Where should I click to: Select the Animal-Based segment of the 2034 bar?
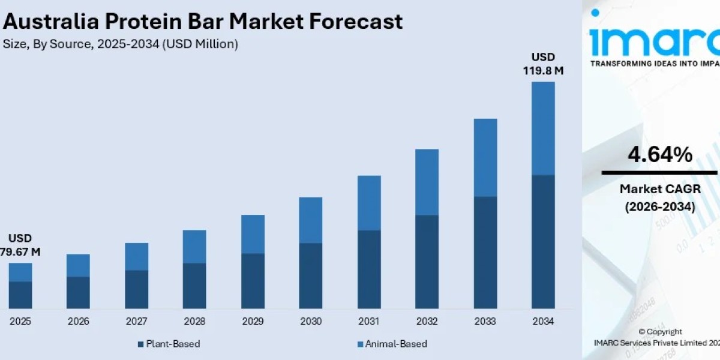click(x=543, y=128)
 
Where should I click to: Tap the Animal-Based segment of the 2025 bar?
click(x=20, y=272)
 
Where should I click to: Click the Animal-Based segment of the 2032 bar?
click(x=427, y=182)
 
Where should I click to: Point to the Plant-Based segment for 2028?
click(x=194, y=286)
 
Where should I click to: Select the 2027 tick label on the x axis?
click(x=136, y=322)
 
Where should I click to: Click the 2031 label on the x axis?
click(x=368, y=322)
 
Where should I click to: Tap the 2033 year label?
click(x=485, y=322)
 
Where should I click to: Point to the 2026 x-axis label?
click(x=78, y=322)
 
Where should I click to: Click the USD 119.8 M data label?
click(x=543, y=64)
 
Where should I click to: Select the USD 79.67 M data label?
click(x=20, y=245)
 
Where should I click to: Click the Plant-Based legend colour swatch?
click(x=141, y=344)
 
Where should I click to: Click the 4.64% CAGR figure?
click(x=659, y=155)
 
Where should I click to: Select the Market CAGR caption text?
click(x=659, y=189)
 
